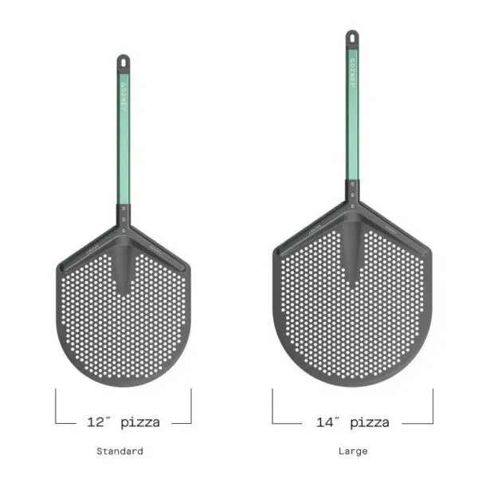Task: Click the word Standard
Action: (x=119, y=451)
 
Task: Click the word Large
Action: (x=352, y=451)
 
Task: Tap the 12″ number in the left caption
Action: (x=100, y=422)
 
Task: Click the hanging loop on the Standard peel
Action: (x=123, y=61)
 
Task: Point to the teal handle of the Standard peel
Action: (x=123, y=143)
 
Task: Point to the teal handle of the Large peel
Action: (x=351, y=119)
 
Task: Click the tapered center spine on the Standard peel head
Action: (x=123, y=267)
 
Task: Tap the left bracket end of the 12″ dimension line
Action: (x=57, y=406)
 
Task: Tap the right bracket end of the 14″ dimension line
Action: (x=432, y=406)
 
